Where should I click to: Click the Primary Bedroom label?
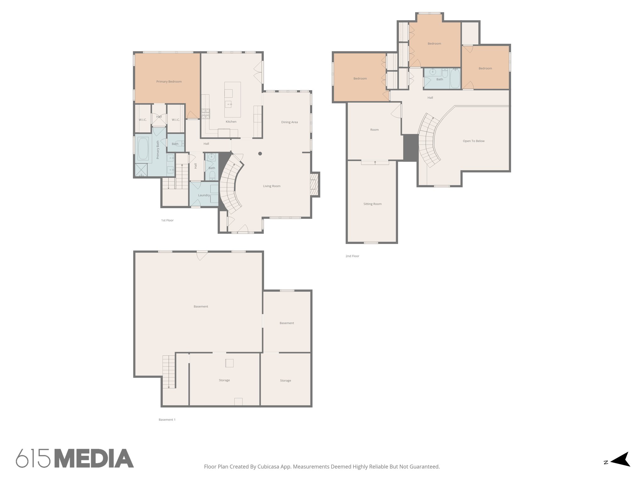169,82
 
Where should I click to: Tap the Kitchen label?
231,122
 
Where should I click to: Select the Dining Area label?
289,122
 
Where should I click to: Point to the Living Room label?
272,186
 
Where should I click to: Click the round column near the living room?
260,154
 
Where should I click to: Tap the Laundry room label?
204,195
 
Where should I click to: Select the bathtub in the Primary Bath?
143,149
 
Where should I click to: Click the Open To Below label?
474,141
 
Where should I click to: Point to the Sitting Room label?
372,204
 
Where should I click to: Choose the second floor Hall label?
430,98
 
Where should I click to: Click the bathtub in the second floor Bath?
455,79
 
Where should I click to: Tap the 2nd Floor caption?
352,256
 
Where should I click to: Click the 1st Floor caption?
167,220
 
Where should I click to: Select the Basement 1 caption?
167,420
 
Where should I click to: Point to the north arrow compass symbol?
619,468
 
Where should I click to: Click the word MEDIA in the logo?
94,458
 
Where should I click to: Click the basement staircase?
169,371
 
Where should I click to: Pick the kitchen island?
232,100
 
